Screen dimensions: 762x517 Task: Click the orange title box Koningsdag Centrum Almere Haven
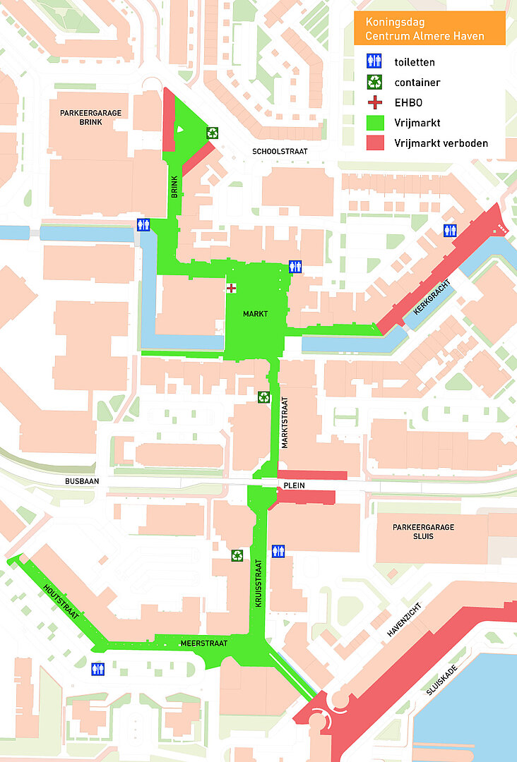click(x=429, y=28)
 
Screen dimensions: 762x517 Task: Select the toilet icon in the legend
click(x=373, y=61)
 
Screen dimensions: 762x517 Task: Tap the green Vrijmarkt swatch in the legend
click(x=373, y=123)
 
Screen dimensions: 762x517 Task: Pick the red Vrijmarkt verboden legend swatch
click(x=373, y=143)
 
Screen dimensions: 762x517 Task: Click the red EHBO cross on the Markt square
click(x=232, y=288)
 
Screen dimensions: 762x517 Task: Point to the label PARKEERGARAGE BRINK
click(x=90, y=117)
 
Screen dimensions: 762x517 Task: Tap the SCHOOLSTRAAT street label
click(x=280, y=151)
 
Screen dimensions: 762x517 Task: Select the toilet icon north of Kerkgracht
click(x=450, y=230)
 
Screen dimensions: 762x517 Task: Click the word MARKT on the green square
click(x=255, y=314)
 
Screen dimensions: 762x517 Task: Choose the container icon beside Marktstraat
click(x=263, y=397)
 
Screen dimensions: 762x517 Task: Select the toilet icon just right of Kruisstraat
click(x=278, y=550)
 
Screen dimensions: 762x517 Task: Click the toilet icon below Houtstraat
click(x=97, y=668)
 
